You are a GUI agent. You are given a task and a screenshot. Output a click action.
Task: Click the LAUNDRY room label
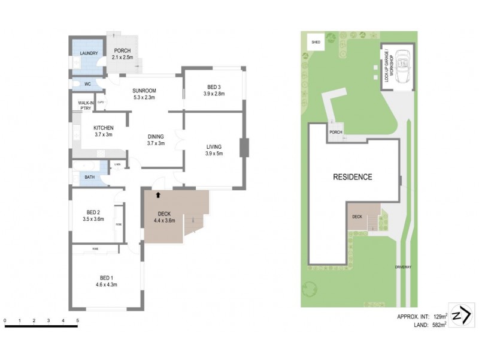pos(89,53)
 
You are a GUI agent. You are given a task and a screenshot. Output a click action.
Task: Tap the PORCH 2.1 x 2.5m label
pos(122,54)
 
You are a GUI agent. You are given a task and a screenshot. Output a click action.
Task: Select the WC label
pos(87,84)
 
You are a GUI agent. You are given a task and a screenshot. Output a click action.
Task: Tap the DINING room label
pos(156,139)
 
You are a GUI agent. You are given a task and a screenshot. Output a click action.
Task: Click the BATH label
pos(89,177)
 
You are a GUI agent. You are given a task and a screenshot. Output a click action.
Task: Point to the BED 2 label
pos(93,215)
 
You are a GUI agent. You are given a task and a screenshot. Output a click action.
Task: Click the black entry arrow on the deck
pos(158,194)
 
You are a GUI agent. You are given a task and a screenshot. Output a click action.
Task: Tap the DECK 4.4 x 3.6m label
pos(164,217)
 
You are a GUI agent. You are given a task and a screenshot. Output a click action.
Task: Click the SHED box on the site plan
pos(316,43)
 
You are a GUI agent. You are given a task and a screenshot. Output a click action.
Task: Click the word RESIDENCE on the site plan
pos(353,177)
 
